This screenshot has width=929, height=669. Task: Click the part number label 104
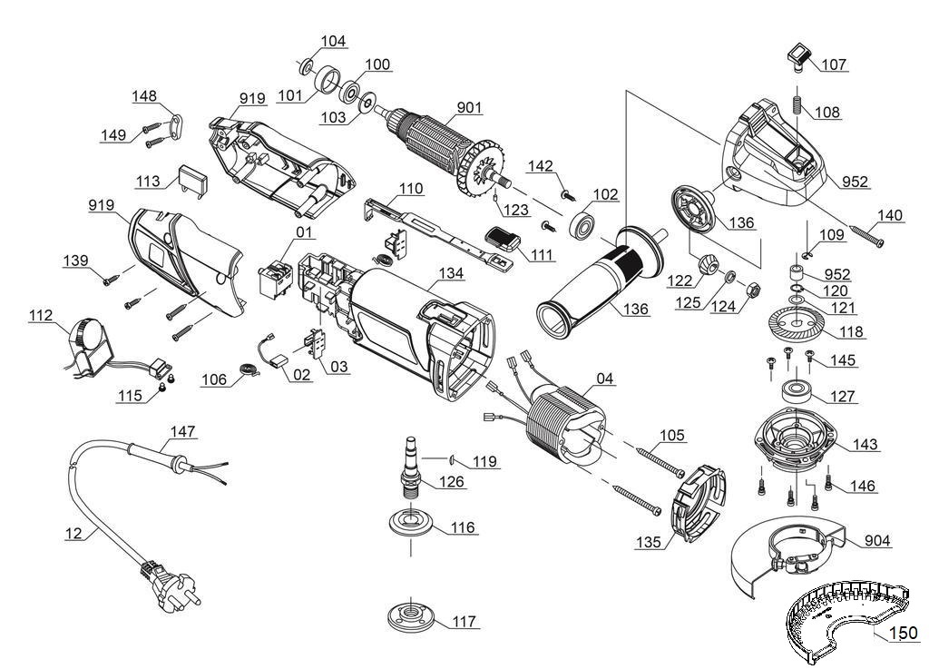tap(333, 42)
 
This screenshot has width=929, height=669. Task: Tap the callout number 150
tap(902, 634)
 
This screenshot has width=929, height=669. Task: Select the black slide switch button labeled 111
tap(503, 241)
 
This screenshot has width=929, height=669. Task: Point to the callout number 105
tap(672, 436)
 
